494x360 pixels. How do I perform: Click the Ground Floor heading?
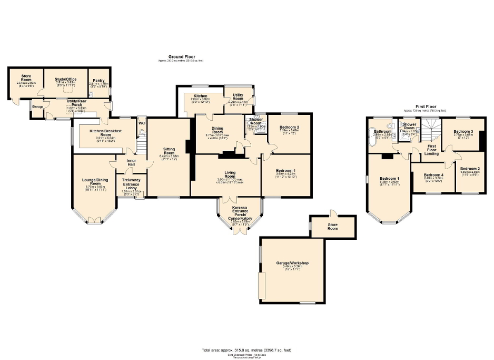pyautogui.click(x=180, y=56)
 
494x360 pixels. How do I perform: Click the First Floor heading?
pyautogui.click(x=424, y=106)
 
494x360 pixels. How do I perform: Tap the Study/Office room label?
pyautogui.click(x=66, y=80)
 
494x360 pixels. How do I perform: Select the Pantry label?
pyautogui.click(x=98, y=81)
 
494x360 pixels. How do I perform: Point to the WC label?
pyautogui.click(x=141, y=123)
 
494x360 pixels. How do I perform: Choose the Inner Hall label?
pyautogui.click(x=131, y=162)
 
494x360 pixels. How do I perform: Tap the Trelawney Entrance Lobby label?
pyautogui.click(x=131, y=182)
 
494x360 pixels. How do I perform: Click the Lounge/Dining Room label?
pyautogui.click(x=95, y=182)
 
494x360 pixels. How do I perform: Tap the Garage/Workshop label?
pyautogui.click(x=292, y=263)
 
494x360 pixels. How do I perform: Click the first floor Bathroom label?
pyautogui.click(x=382, y=131)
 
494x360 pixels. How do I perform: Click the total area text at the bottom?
pyautogui.click(x=246, y=350)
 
